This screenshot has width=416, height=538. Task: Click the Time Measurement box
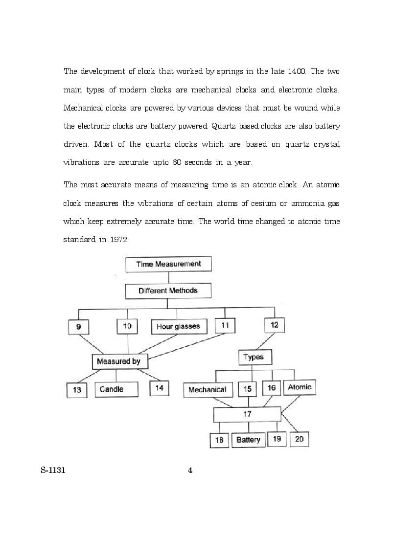pyautogui.click(x=168, y=264)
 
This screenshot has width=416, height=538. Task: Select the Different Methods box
pyautogui.click(x=168, y=291)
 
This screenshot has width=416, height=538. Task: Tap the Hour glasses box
pyautogui.click(x=178, y=327)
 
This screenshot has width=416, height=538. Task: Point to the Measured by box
pyautogui.click(x=119, y=362)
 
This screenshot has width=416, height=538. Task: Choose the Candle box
pyautogui.click(x=116, y=389)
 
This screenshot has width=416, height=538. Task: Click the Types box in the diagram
pyautogui.click(x=254, y=357)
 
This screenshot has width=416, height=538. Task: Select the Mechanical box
pyautogui.click(x=207, y=390)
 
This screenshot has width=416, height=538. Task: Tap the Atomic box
pyautogui.click(x=299, y=387)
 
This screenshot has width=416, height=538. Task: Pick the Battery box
pyautogui.click(x=248, y=440)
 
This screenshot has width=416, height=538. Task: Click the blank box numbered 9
pyautogui.click(x=79, y=327)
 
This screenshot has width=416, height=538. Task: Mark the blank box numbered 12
pyautogui.click(x=274, y=325)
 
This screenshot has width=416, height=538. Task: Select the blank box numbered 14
pyautogui.click(x=159, y=388)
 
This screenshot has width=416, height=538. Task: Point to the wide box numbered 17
pyautogui.click(x=247, y=414)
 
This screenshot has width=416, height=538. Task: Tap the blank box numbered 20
pyautogui.click(x=300, y=439)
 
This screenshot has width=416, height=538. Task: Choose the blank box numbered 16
pyautogui.click(x=271, y=388)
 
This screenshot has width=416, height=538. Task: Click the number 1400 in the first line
pyautogui.click(x=297, y=71)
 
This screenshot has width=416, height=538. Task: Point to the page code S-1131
pyautogui.click(x=53, y=471)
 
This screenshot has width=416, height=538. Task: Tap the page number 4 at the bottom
pyautogui.click(x=190, y=471)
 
